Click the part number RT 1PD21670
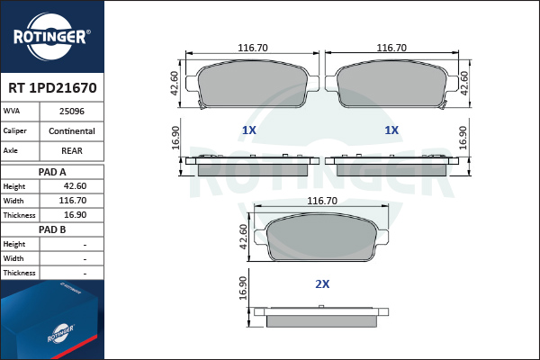[x=52, y=88]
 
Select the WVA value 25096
[x=72, y=112]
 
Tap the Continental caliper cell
[x=72, y=131]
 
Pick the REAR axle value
[x=72, y=151]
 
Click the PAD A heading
[x=52, y=172]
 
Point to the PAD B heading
[x=52, y=229]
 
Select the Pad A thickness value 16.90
[x=75, y=215]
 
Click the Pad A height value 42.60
[x=75, y=186]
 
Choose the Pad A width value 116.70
[x=73, y=201]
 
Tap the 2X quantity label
[x=322, y=284]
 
